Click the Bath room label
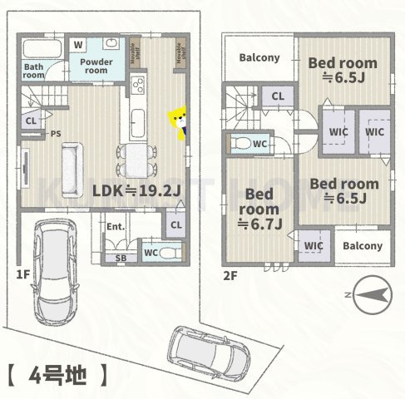coord(33,70)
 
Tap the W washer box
coord(77,43)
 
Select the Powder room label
coord(96,66)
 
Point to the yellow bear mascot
coord(178,121)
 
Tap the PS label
coord(56,133)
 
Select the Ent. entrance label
coord(114,226)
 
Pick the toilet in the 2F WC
coord(242,144)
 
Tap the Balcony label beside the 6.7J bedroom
coord(363,246)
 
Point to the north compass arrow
coord(367,293)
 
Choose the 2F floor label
coord(230,273)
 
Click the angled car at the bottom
coord(209,350)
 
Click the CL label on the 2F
coord(278,96)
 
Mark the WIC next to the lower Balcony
coord(313,246)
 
